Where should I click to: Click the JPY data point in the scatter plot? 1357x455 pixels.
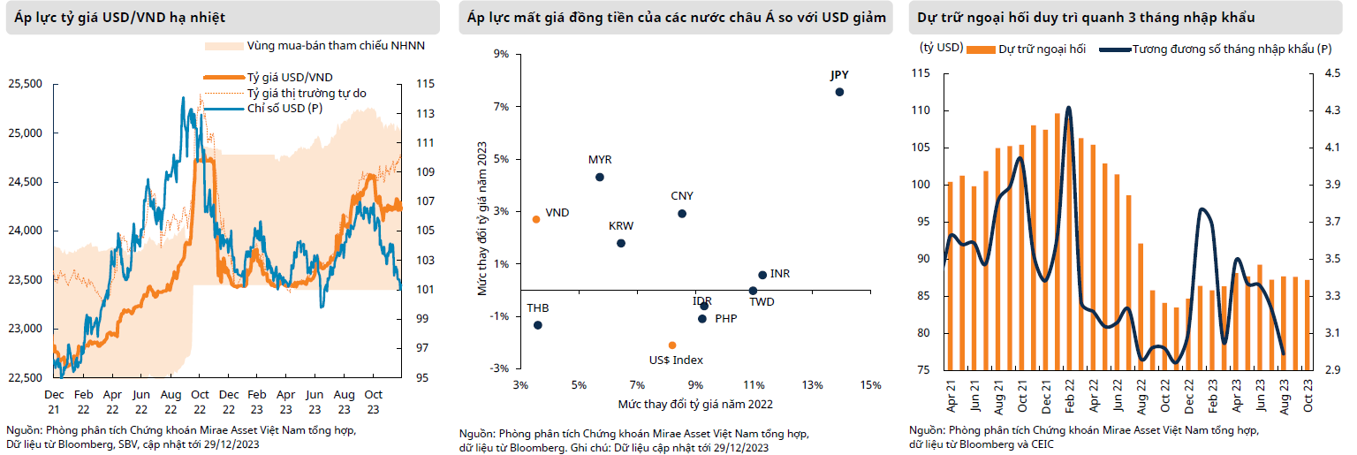tap(839, 92)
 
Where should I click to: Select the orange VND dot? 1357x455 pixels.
tap(536, 219)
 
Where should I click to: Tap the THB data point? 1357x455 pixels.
tap(538, 325)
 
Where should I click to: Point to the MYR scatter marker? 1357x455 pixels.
tap(600, 177)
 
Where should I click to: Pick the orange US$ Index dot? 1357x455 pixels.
tap(672, 345)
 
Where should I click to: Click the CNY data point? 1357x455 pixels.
tap(682, 214)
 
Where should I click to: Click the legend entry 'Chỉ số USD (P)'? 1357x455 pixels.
tap(284, 108)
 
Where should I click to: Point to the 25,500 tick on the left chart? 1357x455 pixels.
tap(25, 84)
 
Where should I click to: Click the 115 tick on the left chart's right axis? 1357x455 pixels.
tap(424, 84)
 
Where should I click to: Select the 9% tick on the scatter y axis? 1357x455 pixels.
tap(501, 54)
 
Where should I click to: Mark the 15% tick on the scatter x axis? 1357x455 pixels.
tap(870, 386)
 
